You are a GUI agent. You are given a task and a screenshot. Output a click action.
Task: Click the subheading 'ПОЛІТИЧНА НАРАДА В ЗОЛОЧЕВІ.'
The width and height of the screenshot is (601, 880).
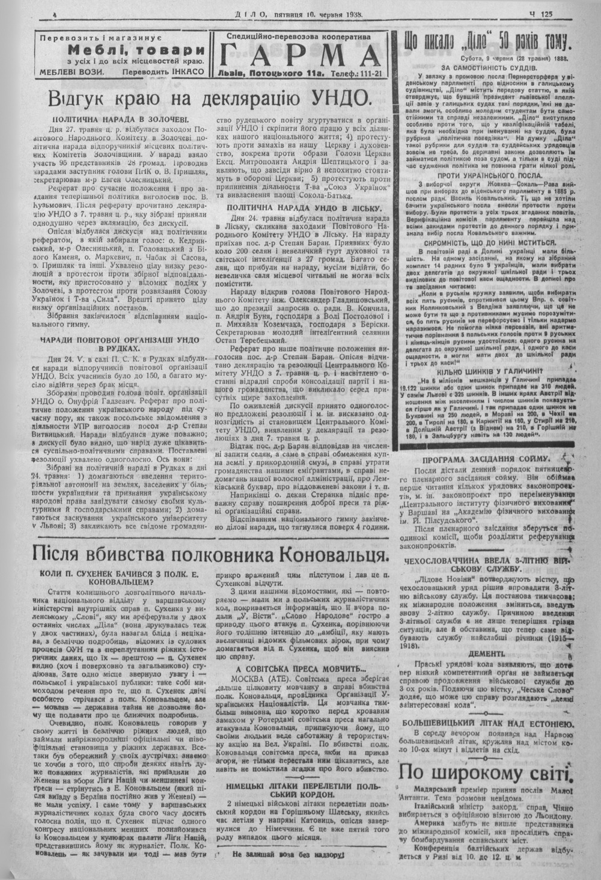(120, 120)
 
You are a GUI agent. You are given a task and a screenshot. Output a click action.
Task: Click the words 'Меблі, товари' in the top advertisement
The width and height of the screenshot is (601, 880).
(136, 50)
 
